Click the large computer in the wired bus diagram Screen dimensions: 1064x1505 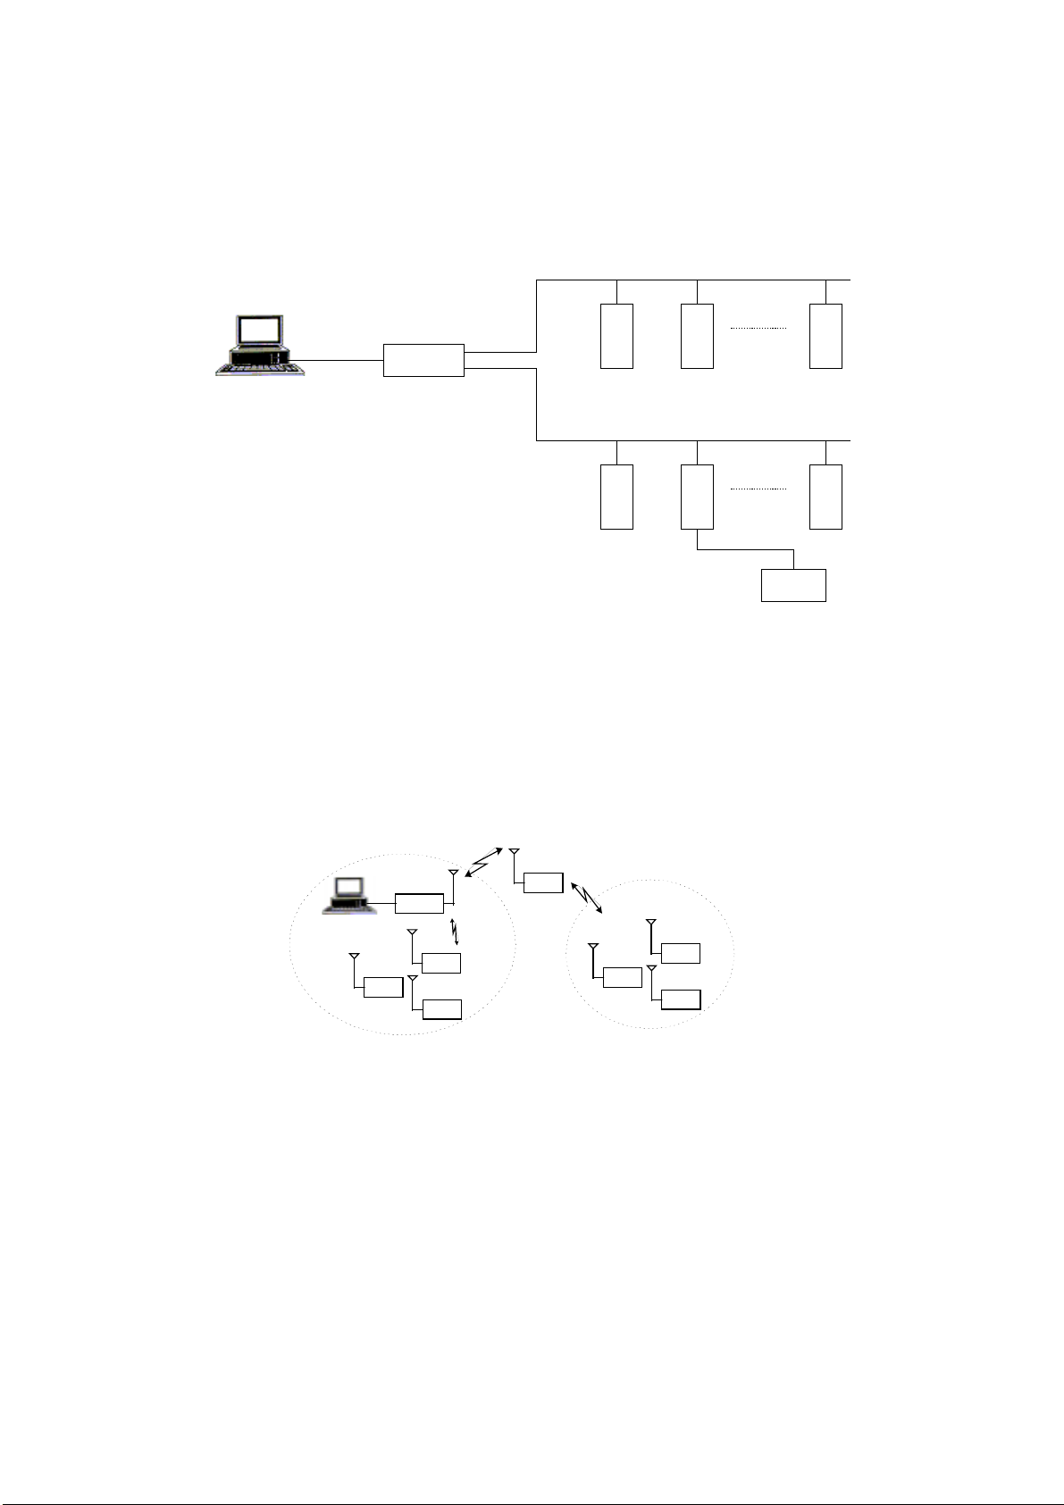pyautogui.click(x=260, y=346)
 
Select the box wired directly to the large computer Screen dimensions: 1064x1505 pyautogui.click(x=423, y=360)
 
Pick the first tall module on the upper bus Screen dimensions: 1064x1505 pyautogui.click(x=616, y=336)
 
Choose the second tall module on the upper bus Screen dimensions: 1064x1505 pyautogui.click(x=697, y=336)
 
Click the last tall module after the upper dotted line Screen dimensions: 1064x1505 pyautogui.click(x=825, y=336)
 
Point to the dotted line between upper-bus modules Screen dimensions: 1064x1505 pyautogui.click(x=758, y=329)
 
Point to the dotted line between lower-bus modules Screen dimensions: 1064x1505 pyautogui.click(x=758, y=489)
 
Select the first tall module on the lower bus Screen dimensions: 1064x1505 pyautogui.click(x=616, y=497)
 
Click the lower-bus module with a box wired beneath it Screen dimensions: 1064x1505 pyautogui.click(x=697, y=497)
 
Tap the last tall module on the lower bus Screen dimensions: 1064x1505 pyautogui.click(x=825, y=497)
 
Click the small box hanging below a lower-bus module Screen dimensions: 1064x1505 pyautogui.click(x=793, y=585)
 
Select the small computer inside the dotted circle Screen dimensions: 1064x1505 pyautogui.click(x=347, y=896)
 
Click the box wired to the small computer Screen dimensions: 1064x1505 pyautogui.click(x=419, y=903)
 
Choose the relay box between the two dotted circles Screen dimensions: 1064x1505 pyautogui.click(x=543, y=882)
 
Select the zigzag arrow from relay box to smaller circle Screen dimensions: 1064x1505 pyautogui.click(x=586, y=896)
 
